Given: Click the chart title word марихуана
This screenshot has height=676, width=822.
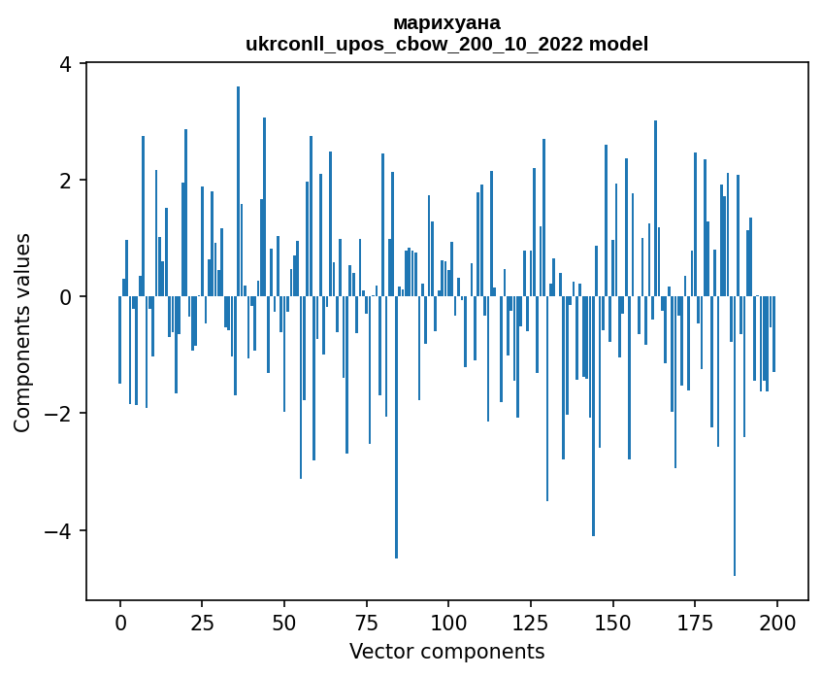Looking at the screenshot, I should click(x=447, y=22).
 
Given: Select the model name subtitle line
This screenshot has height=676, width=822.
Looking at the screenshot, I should click(x=447, y=44).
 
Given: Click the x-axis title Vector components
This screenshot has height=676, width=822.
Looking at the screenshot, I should click(x=447, y=651).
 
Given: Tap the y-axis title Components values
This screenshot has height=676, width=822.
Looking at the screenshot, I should click(x=22, y=332).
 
